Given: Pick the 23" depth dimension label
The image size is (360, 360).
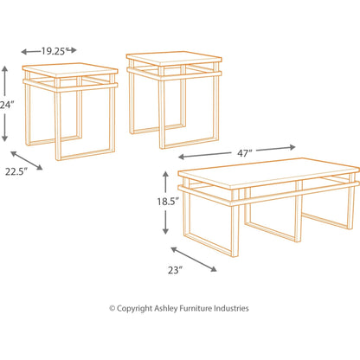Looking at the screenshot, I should [x=176, y=270].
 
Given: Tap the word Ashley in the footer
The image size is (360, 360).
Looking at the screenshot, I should [x=177, y=308].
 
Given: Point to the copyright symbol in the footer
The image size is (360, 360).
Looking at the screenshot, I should [x=112, y=308].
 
